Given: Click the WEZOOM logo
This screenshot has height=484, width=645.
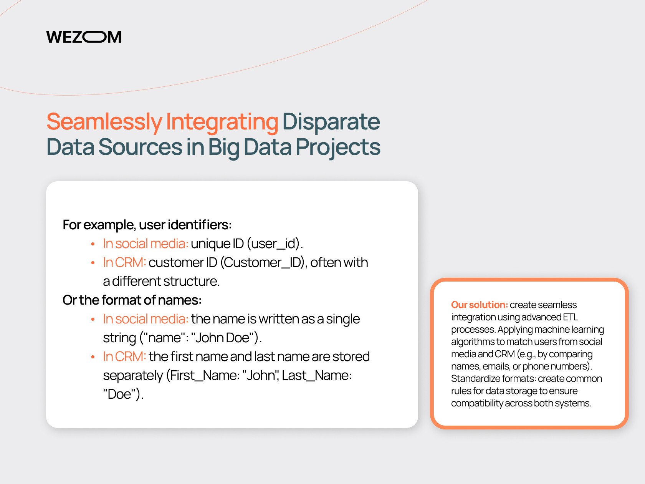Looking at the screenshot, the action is [x=84, y=37].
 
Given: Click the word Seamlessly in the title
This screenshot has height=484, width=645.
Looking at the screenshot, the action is [x=104, y=122].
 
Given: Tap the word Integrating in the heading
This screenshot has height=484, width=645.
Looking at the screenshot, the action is [x=222, y=122].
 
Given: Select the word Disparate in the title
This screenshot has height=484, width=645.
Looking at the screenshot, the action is [x=331, y=121].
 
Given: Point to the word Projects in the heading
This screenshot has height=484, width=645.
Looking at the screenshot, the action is [x=337, y=147].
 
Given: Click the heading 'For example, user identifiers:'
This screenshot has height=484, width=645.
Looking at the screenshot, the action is [x=147, y=225].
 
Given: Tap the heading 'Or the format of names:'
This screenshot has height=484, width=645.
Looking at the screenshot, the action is [x=132, y=300].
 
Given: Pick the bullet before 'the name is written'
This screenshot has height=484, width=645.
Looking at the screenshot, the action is [x=93, y=320].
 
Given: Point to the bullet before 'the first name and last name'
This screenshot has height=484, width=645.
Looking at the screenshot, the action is [x=93, y=357].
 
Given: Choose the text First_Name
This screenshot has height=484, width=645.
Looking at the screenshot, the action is [x=203, y=376].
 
